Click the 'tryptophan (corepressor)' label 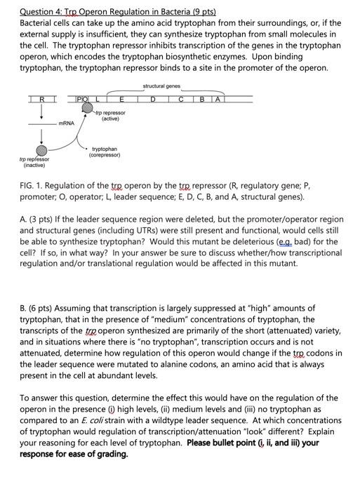[105, 152]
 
